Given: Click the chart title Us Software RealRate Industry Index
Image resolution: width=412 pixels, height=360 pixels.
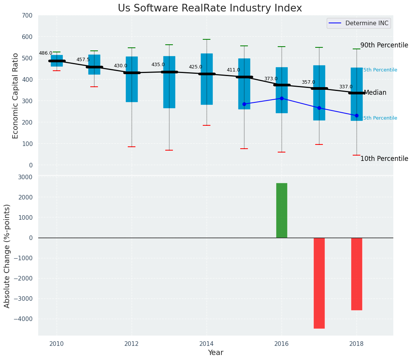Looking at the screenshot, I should point(210,8).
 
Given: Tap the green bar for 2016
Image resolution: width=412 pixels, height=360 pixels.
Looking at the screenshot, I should point(282,210).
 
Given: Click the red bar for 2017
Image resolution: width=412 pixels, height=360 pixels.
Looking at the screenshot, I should point(319,283).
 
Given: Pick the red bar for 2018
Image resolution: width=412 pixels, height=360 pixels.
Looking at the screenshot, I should point(357,274).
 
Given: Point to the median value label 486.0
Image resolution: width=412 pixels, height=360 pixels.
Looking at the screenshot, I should point(46,53).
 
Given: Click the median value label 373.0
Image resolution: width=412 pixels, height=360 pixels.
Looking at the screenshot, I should point(271,79).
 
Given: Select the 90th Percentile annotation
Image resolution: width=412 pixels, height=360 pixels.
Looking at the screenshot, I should point(384,45).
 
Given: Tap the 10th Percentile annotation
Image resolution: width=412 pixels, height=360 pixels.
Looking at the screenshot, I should point(384,159).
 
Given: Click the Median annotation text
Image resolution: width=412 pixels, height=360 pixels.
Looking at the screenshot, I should point(375,93).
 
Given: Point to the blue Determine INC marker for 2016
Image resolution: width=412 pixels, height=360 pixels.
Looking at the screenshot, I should point(282,98).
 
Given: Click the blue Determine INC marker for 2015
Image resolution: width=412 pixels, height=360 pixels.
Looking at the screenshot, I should point(244,104).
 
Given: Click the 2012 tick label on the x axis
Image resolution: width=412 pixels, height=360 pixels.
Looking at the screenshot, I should point(132,343).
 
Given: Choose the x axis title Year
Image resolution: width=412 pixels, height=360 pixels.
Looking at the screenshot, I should point(215,352).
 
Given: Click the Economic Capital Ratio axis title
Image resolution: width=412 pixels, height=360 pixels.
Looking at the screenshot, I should point(16,96).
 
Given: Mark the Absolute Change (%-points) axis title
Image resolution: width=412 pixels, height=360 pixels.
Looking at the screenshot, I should point(7,256).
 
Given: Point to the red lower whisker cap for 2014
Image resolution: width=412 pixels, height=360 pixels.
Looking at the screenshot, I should point(207,125).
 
